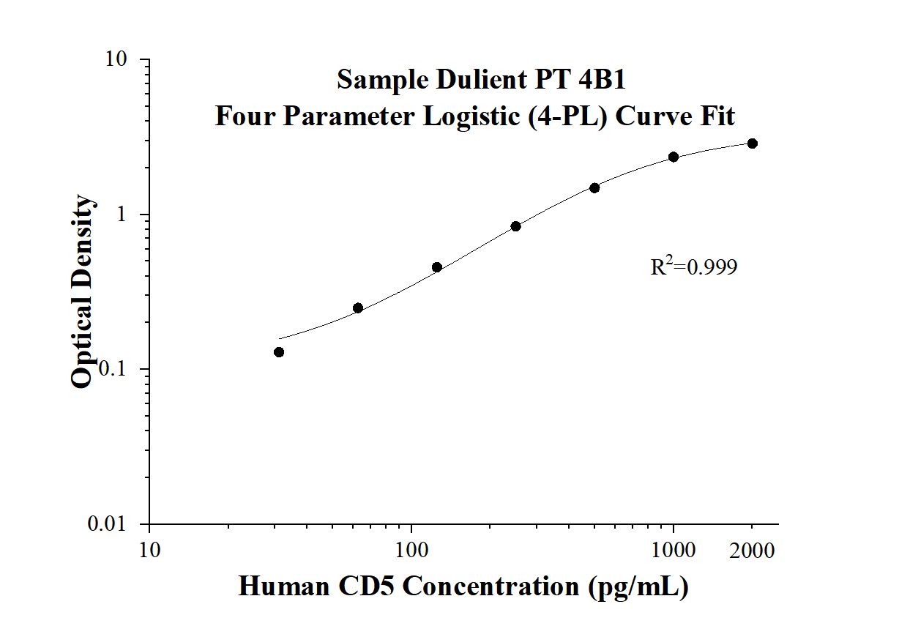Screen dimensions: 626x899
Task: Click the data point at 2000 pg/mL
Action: click(x=753, y=144)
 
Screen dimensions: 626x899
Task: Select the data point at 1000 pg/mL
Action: click(x=674, y=157)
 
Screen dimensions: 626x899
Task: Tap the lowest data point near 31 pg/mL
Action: click(x=279, y=352)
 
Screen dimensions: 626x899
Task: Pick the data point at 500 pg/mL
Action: click(x=594, y=188)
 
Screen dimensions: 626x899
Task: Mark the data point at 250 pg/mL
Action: click(x=515, y=226)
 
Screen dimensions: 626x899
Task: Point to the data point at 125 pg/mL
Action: click(x=437, y=267)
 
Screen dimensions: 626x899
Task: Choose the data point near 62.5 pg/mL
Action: click(x=358, y=308)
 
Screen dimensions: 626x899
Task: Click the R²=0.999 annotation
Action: click(x=694, y=267)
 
